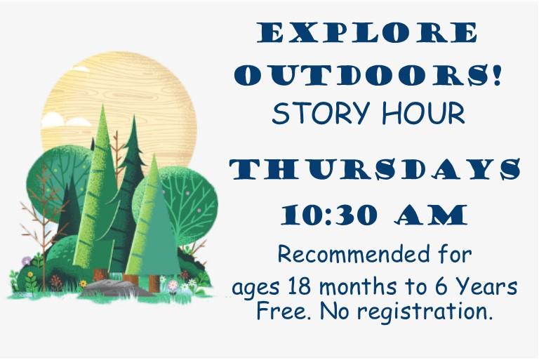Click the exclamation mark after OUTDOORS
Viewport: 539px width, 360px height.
point(498,76)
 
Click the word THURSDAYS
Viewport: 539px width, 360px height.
point(375,169)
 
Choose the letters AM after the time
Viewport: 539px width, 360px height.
point(432,214)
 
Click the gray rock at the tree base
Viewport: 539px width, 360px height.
point(112,288)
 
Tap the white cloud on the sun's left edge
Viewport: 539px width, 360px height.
point(60,121)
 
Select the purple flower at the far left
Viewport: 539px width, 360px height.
point(27,261)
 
